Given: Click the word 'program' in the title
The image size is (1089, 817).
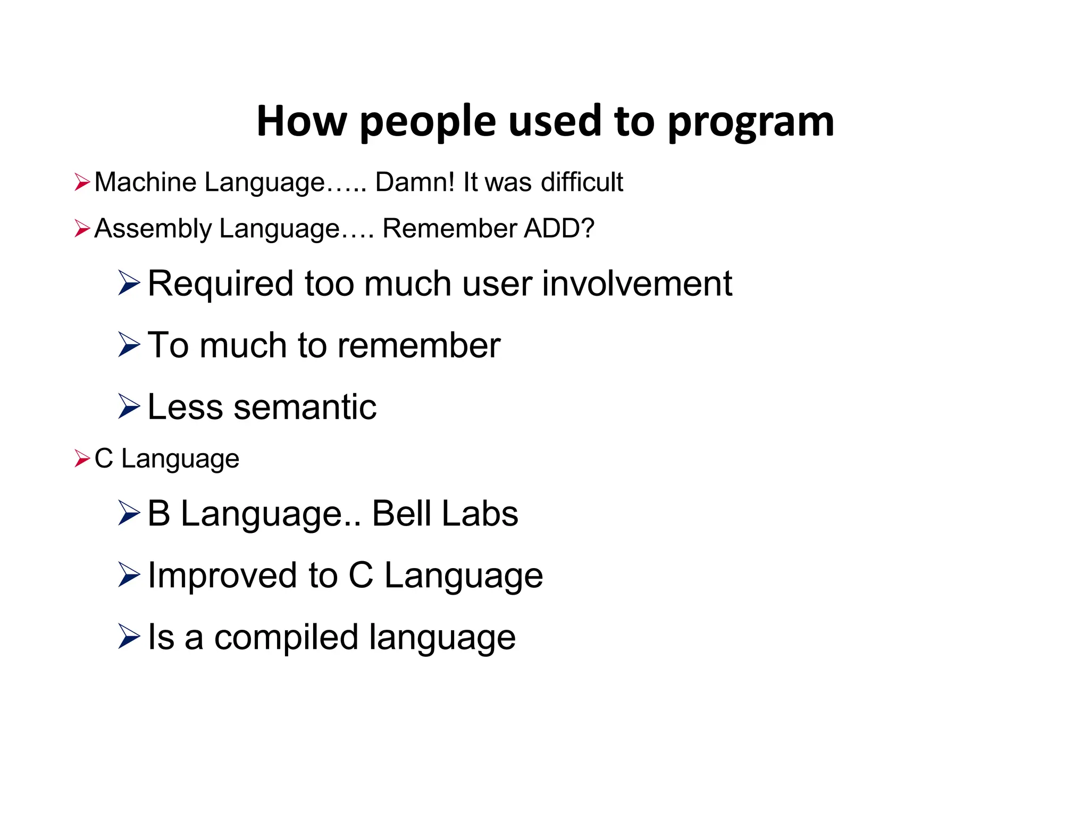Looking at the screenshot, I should point(750,122).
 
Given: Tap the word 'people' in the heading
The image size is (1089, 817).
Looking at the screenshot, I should point(428,122).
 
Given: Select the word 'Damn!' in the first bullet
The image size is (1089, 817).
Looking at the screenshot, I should point(415,182).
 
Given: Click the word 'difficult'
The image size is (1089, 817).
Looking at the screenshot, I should point(582,182).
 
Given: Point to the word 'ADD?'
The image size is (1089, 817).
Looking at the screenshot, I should point(559,228).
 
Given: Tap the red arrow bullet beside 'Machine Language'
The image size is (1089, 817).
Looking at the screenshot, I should point(82,182).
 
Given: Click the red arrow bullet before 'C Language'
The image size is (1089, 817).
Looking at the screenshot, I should point(82,458).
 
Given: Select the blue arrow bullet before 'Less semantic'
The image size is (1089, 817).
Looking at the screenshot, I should point(129,406).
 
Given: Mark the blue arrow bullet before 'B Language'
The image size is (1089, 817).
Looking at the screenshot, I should point(129,513).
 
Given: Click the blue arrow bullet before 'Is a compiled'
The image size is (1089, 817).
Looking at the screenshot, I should point(129,637).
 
